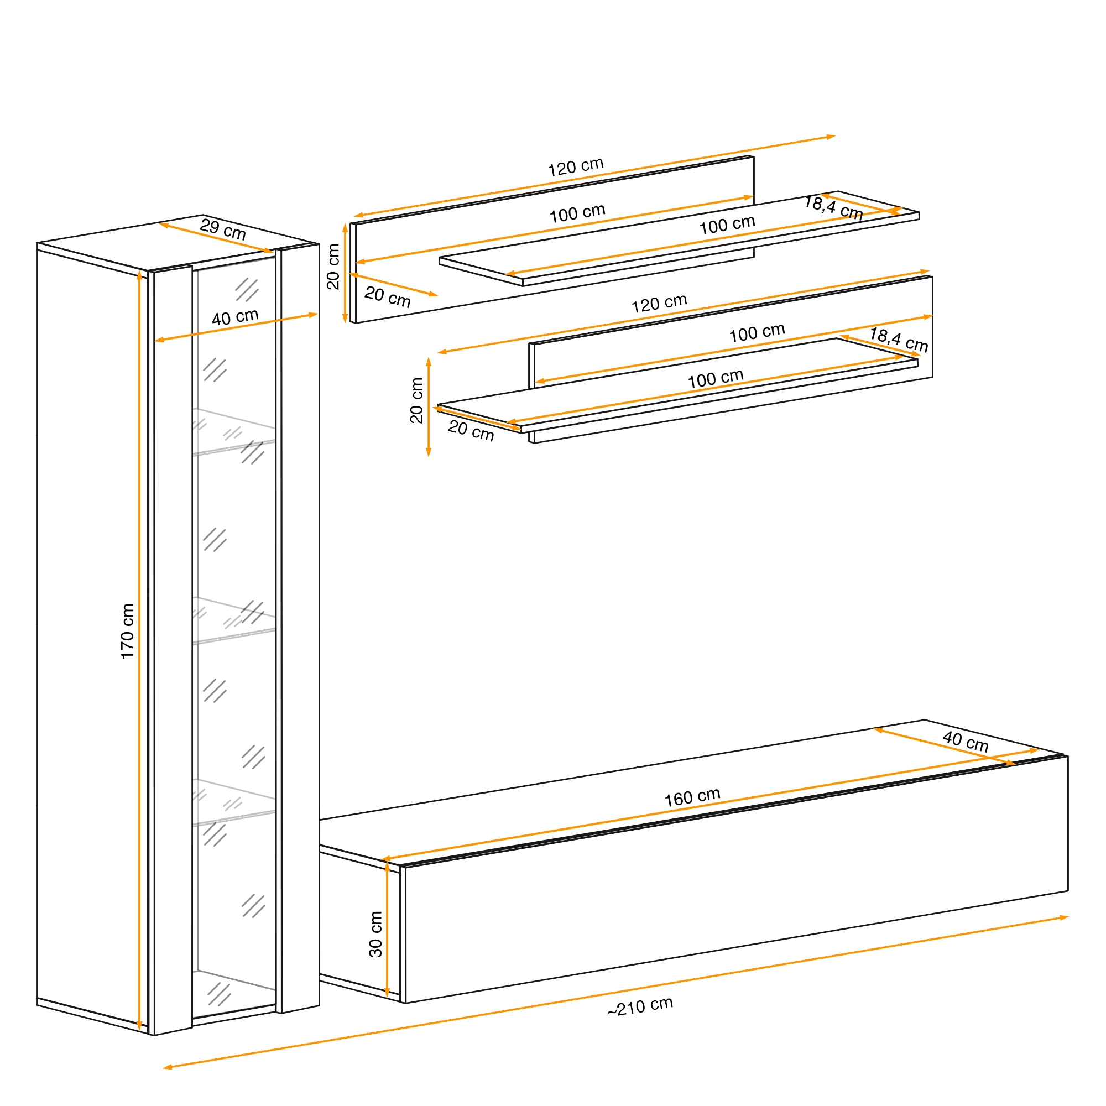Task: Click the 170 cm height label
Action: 127,631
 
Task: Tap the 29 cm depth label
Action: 223,229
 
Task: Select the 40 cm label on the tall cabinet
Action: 235,317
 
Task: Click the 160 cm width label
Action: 692,797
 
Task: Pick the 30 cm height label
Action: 375,934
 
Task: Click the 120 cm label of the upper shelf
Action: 576,166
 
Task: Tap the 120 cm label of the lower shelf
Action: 659,304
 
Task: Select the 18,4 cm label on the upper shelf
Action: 833,207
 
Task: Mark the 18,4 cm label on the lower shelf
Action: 899,340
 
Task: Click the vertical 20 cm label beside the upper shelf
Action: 333,267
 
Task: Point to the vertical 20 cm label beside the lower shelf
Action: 417,400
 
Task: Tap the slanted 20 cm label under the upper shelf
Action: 388,297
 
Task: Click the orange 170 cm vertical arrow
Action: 140,650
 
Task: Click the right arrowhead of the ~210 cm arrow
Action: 1063,917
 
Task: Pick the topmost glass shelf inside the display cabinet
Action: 234,432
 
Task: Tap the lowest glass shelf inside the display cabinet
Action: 234,802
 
